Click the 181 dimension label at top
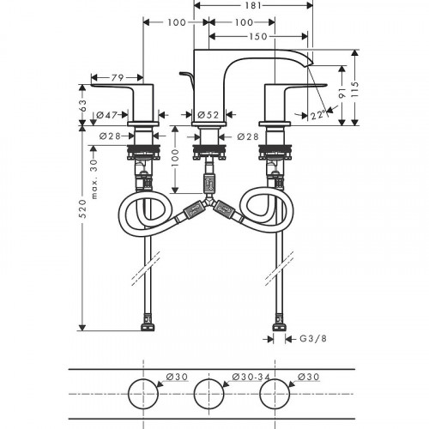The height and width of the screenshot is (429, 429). [253, 5]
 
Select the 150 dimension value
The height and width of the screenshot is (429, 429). [258, 37]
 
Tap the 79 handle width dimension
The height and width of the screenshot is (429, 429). [118, 77]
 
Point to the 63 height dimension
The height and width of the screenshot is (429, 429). [82, 106]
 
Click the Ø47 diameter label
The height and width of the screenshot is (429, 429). [107, 115]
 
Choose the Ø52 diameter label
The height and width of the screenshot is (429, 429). [208, 115]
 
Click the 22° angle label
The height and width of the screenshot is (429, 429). [317, 115]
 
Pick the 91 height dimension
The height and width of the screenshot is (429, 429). [342, 94]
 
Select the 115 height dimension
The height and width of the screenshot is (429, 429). [355, 89]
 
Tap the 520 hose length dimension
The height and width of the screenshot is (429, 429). [82, 208]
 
